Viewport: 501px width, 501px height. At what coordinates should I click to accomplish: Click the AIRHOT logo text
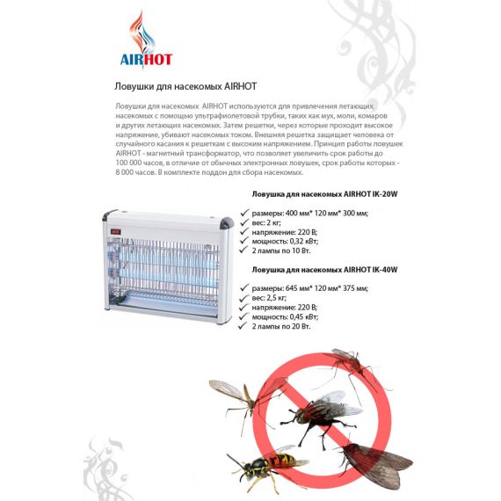146,60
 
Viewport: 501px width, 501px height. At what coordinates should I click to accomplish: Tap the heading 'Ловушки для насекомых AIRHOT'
185,87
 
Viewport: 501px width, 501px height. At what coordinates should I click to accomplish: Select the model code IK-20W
385,194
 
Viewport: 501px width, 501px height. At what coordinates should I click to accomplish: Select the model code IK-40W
385,270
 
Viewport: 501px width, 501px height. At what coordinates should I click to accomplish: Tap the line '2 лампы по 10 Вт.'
281,250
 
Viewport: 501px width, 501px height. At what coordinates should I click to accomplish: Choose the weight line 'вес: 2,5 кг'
269,298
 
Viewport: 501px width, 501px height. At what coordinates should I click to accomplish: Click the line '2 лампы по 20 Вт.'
281,326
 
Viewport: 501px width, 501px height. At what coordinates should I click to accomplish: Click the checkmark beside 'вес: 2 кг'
244,222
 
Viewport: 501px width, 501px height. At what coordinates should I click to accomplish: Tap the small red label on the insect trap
116,232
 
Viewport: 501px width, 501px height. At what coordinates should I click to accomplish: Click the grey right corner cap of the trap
227,222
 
